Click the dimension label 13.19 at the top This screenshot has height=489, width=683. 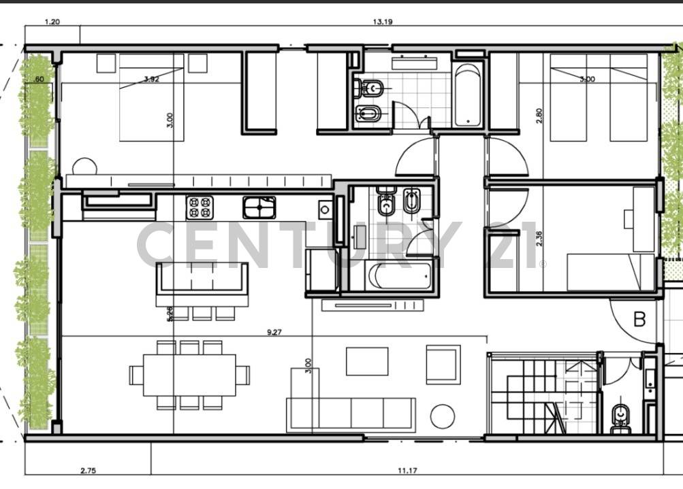pyautogui.click(x=382, y=22)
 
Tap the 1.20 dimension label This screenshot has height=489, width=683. pyautogui.click(x=52, y=22)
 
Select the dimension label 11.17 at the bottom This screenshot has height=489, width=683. pyautogui.click(x=408, y=470)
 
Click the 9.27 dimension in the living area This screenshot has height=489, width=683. pyautogui.click(x=275, y=333)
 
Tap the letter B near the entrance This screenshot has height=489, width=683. pyautogui.click(x=639, y=319)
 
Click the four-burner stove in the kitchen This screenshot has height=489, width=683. pyautogui.click(x=200, y=207)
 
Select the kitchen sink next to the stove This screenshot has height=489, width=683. pyautogui.click(x=259, y=207)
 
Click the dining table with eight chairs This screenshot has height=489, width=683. pyautogui.click(x=189, y=375)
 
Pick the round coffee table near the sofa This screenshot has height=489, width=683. pyautogui.click(x=443, y=416)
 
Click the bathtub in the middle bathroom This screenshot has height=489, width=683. pyautogui.click(x=400, y=276)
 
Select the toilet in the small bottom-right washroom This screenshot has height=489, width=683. pyautogui.click(x=620, y=416)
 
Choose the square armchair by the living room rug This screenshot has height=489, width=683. pyautogui.click(x=443, y=364)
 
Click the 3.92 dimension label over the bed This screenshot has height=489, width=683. pyautogui.click(x=151, y=79)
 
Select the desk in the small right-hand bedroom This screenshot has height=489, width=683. pyautogui.click(x=643, y=218)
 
